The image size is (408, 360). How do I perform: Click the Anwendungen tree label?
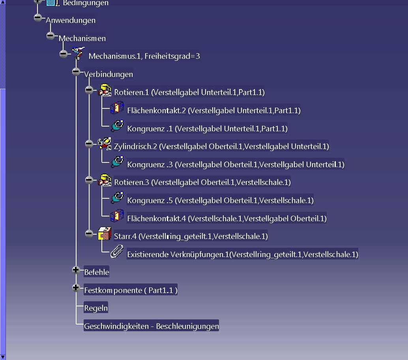pos(71,20)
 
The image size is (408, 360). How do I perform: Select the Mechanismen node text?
pos(82,38)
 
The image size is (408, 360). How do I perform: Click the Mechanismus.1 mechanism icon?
pos(78,53)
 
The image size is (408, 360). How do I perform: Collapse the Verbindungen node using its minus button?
pos(76,71)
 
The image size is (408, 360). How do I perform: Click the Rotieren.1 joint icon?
pos(105,90)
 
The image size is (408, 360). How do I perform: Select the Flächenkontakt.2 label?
pos(213,110)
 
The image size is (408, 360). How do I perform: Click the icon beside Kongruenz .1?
pos(117,126)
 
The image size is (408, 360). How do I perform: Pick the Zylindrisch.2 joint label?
pos(221,146)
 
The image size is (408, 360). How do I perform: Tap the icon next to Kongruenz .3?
pos(117,162)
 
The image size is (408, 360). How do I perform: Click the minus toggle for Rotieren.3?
pos(89,180)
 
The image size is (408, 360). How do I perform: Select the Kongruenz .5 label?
pos(221,200)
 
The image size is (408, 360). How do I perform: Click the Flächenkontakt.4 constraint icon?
pos(117,216)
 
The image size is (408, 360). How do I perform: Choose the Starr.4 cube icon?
pos(105,233)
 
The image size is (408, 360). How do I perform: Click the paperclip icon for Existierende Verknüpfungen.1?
pos(117,251)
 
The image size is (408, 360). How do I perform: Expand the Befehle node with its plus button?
pos(76,270)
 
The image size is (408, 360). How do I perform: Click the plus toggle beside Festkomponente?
pos(76,288)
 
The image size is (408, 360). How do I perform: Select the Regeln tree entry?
pos(96,308)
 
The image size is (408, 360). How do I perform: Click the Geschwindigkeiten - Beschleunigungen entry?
pos(152,326)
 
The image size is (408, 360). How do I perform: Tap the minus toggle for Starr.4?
pos(89,233)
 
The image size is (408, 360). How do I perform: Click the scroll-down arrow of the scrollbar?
pos(3,357)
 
